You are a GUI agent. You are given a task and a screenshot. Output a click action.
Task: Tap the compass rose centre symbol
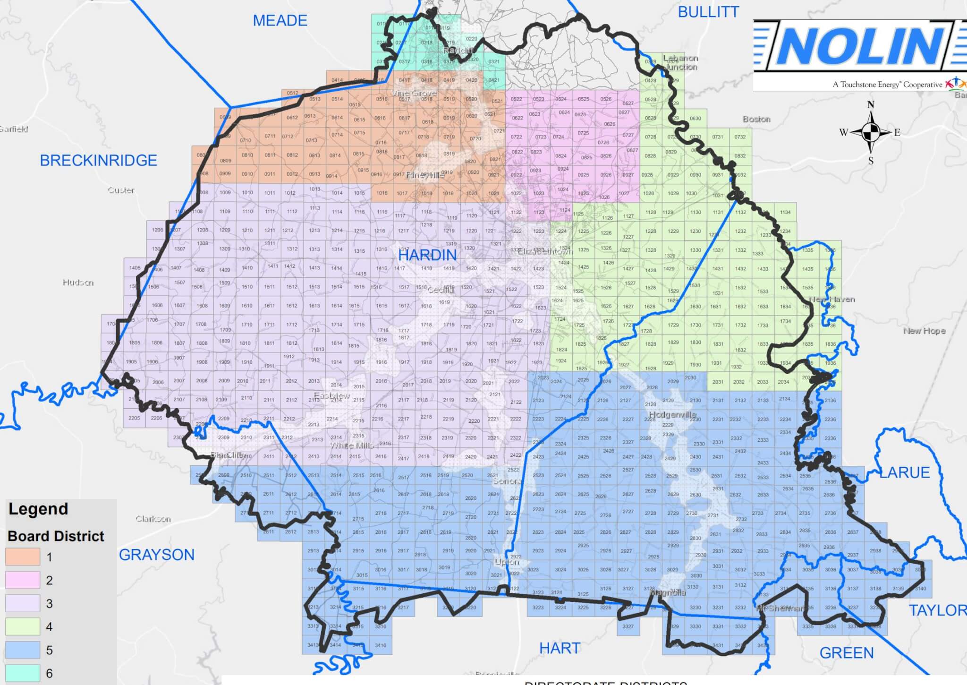tap(871, 132)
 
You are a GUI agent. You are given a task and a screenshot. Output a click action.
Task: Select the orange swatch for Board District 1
tap(23, 557)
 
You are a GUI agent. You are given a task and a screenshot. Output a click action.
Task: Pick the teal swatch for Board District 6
tap(23, 673)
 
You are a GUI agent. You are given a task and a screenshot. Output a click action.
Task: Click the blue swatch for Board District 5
tap(23, 650)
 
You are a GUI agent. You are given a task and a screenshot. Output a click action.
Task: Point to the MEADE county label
tap(280, 21)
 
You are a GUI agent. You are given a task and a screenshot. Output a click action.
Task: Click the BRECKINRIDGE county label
tap(98, 161)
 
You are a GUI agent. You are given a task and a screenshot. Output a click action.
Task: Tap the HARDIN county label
tap(427, 255)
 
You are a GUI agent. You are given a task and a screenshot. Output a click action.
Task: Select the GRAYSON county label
tap(156, 555)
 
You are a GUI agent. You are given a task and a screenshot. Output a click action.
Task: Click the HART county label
tap(560, 648)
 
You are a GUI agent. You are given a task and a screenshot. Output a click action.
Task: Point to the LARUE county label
tap(904, 472)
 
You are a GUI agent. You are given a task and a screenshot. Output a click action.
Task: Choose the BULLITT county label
tap(708, 12)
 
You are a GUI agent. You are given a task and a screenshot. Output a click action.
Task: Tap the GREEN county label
tap(847, 653)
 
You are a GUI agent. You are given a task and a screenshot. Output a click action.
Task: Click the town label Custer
tap(121, 190)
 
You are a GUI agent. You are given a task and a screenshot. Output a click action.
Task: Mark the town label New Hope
tap(925, 331)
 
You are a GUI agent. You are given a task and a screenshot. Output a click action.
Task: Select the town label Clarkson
tap(153, 519)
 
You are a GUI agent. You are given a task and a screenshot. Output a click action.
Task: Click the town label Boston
tap(756, 120)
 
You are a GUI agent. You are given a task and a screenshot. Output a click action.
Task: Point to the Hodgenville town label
tap(672, 415)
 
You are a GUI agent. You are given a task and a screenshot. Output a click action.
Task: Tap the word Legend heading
tap(38, 509)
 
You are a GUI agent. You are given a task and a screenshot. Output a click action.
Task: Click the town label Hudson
tap(78, 283)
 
